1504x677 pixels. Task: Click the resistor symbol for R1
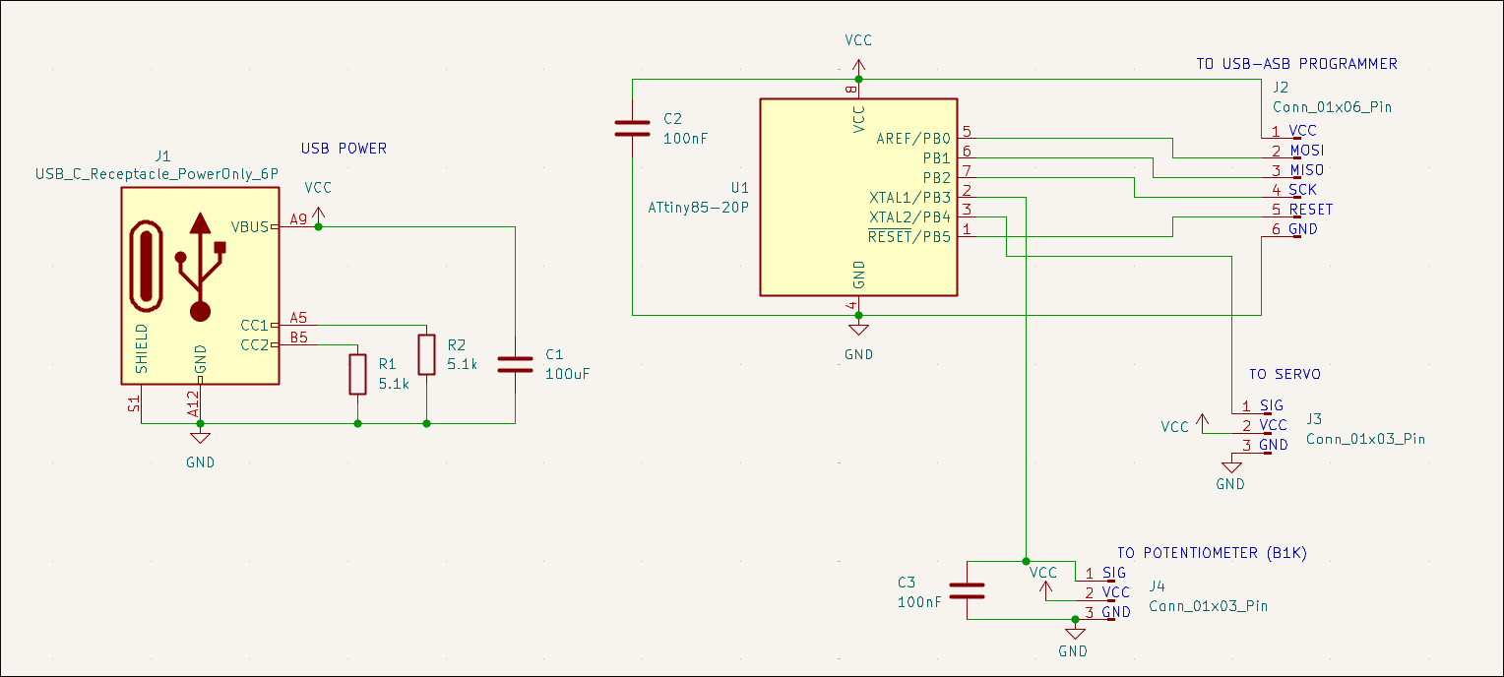[x=357, y=374]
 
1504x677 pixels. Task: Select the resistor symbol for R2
[x=426, y=354]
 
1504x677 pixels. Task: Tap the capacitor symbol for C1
[x=515, y=364]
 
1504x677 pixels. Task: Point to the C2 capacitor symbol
[x=632, y=128]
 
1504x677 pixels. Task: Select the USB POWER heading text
[x=344, y=149]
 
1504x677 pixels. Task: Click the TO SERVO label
[x=1285, y=375]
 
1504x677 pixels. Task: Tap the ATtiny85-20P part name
[x=698, y=208]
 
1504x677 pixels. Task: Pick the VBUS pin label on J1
[x=250, y=227]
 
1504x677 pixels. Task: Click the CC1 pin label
[x=254, y=326]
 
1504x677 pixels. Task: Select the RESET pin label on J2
[x=1310, y=210]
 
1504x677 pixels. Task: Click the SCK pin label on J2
[x=1302, y=190]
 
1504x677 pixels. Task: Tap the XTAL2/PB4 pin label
[x=909, y=216]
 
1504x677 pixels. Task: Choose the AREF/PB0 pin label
[x=913, y=139]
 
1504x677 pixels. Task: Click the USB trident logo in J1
[x=201, y=266]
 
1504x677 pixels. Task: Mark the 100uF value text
[x=567, y=374]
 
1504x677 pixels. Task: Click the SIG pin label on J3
[x=1272, y=405]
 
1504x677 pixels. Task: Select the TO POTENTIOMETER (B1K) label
[x=1211, y=553]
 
